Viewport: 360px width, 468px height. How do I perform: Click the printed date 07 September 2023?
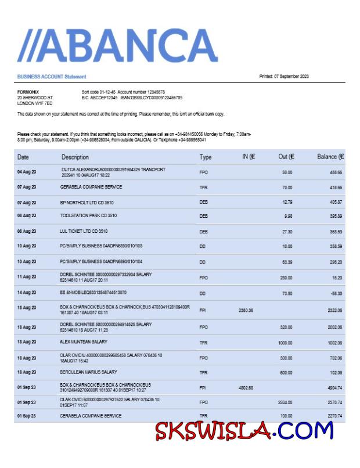(x=283, y=77)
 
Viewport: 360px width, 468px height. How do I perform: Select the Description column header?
(x=75, y=157)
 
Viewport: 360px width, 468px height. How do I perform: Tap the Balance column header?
(x=330, y=157)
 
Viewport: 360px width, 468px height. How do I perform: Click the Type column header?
(x=206, y=157)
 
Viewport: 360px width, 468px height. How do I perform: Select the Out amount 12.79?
(x=287, y=203)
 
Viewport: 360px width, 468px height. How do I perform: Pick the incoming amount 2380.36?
(x=246, y=311)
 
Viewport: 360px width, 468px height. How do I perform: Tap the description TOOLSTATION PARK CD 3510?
(x=88, y=216)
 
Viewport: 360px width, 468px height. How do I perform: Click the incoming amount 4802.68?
(x=246, y=387)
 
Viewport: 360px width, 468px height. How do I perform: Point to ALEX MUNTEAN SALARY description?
(x=84, y=343)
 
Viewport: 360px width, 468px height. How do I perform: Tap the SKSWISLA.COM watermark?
(x=244, y=431)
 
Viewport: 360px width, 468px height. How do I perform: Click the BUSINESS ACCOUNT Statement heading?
(x=52, y=77)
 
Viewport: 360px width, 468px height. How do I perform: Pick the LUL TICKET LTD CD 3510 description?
(x=84, y=231)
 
